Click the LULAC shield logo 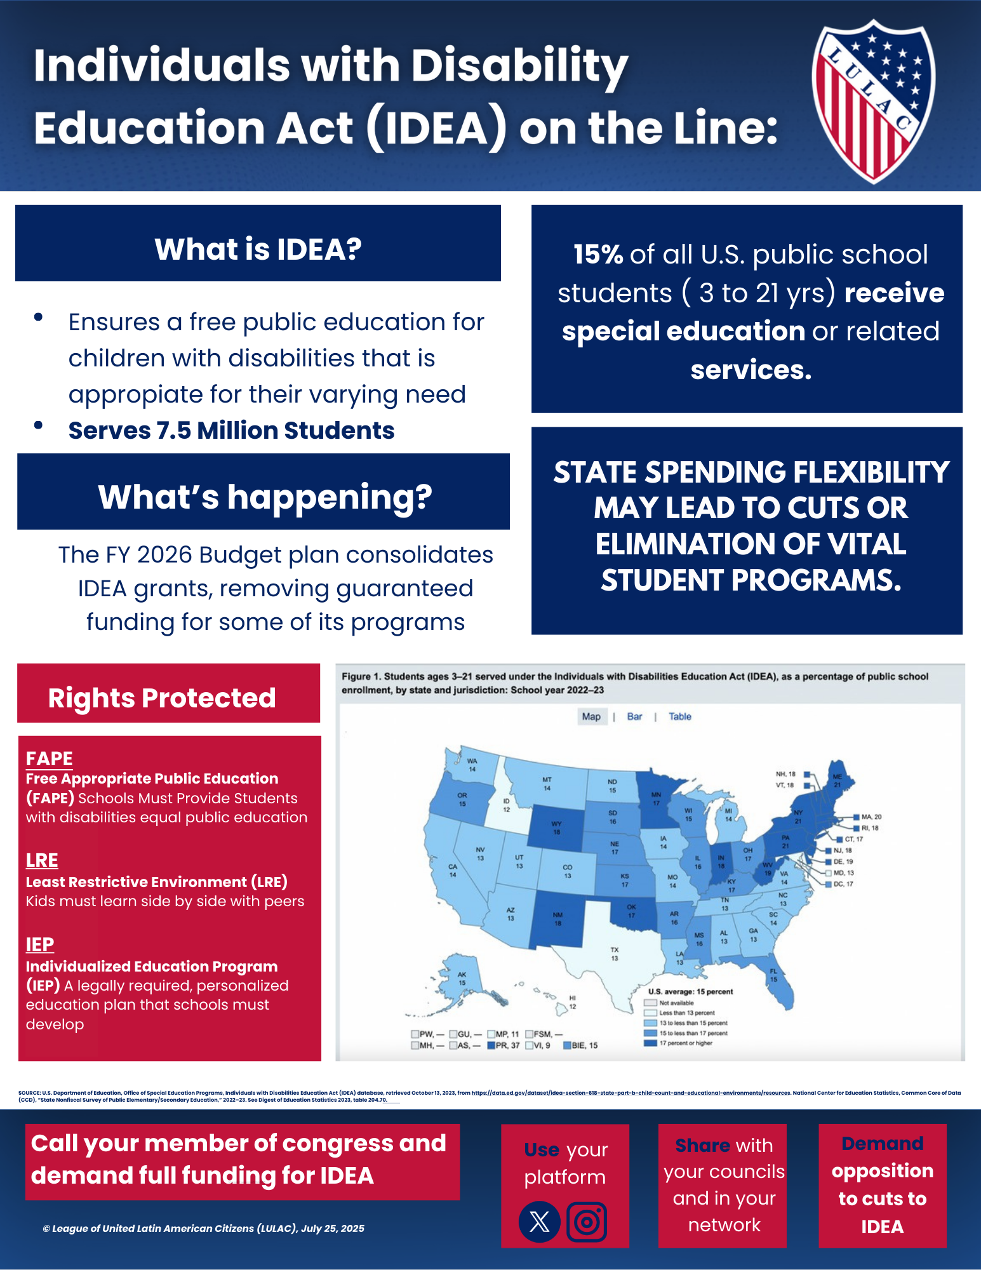tap(873, 100)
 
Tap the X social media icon tap(540, 1221)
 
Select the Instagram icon tap(587, 1221)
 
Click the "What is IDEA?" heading tap(258, 249)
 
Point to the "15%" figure tap(598, 255)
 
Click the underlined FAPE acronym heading tap(50, 758)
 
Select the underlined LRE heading tap(42, 860)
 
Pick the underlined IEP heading tap(40, 945)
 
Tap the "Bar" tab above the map tap(634, 716)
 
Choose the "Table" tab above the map tap(679, 716)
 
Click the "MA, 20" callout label tap(871, 817)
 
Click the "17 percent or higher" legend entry tap(686, 1043)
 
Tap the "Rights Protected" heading tap(162, 698)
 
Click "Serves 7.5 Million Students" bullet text tap(231, 431)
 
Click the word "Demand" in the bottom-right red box tap(882, 1144)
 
